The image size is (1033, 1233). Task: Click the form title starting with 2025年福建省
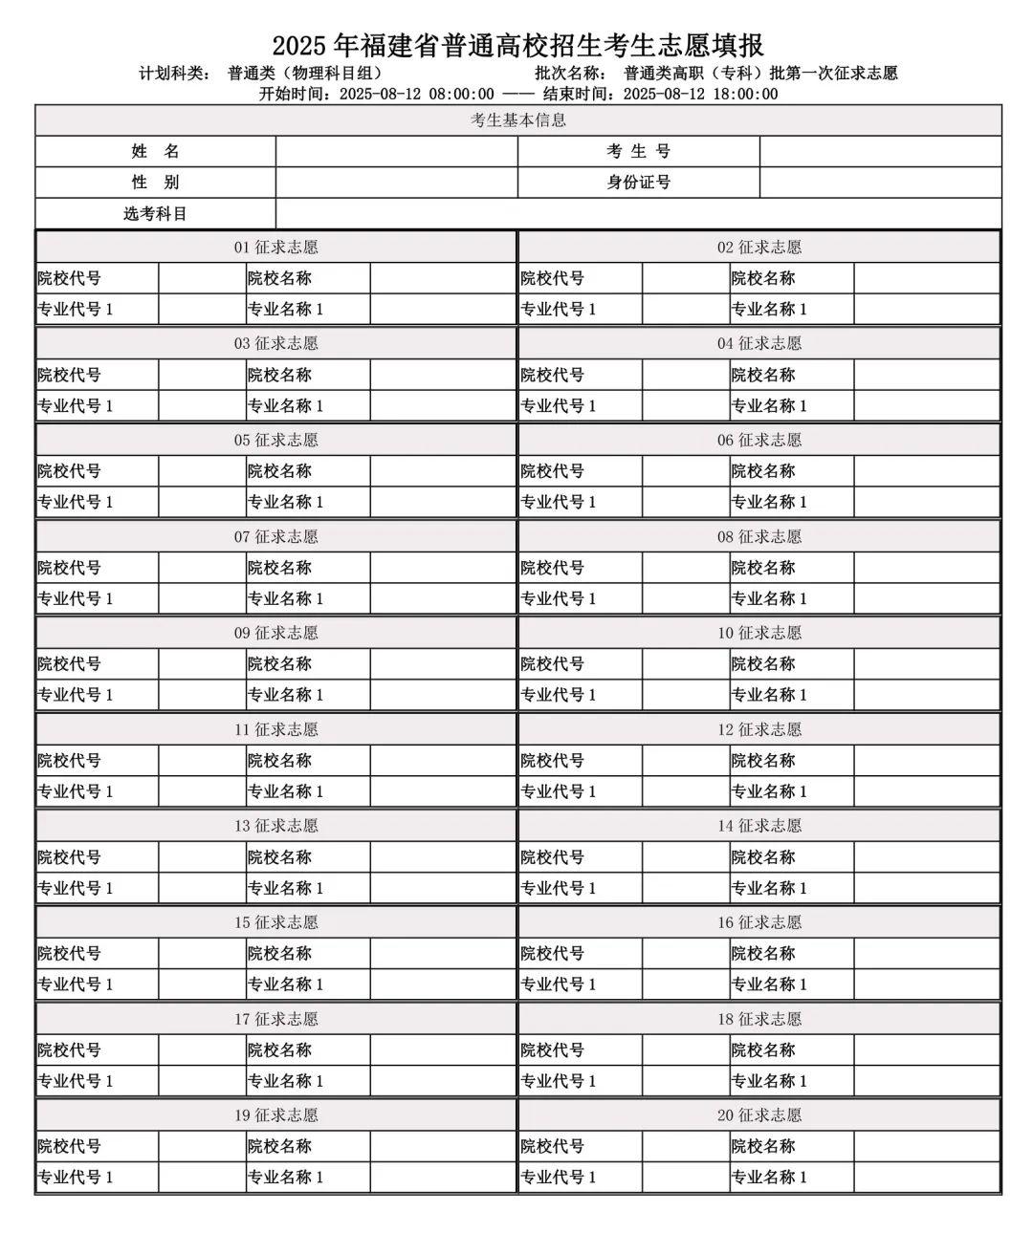point(517,45)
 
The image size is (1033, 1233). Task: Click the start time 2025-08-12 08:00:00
point(417,94)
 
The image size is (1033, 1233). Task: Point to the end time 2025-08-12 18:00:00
point(700,94)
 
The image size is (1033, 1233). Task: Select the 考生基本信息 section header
point(517,120)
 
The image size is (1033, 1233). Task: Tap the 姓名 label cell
point(155,151)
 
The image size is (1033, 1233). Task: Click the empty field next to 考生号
point(880,151)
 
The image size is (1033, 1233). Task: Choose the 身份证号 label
point(638,182)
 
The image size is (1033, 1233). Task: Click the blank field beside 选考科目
point(638,213)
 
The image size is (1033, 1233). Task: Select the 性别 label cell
point(155,182)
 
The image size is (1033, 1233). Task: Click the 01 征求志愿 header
point(275,248)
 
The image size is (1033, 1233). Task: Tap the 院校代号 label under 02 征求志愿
point(552,278)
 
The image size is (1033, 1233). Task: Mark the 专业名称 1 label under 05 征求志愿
point(285,502)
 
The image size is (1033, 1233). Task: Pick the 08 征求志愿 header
point(759,536)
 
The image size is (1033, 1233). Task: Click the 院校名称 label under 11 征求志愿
point(279,761)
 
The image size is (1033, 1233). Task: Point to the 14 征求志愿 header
point(759,826)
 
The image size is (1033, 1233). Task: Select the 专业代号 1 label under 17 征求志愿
point(75,1081)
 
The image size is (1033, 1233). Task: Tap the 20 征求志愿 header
point(759,1115)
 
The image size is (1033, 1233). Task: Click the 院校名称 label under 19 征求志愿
point(279,1146)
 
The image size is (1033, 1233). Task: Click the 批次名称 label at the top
point(570,74)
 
